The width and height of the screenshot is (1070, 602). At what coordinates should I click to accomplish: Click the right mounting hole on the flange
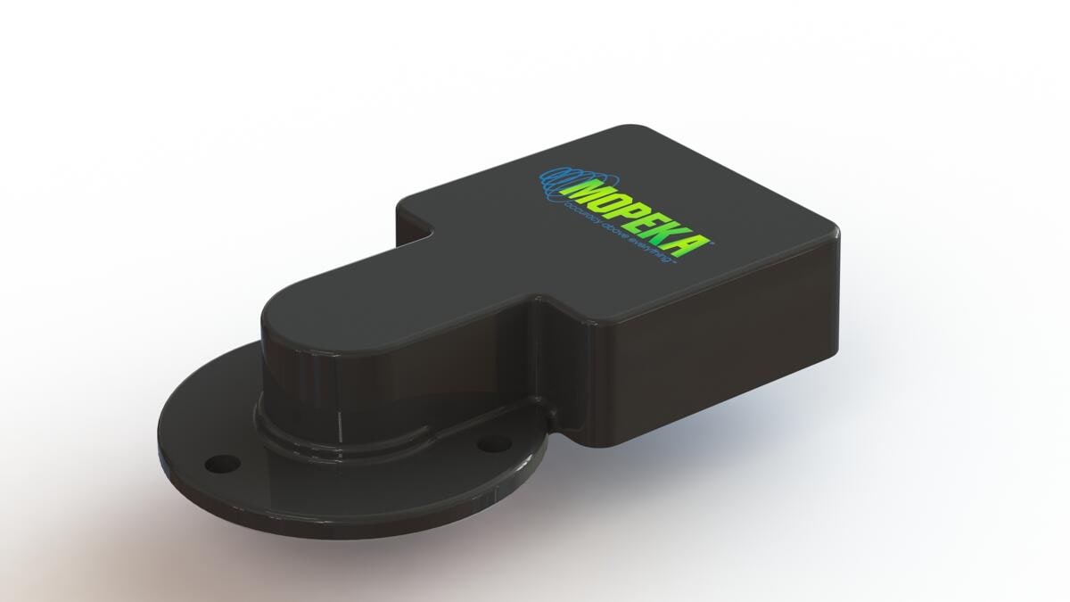(x=491, y=442)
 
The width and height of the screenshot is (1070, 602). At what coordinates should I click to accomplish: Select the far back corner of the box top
(x=633, y=129)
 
